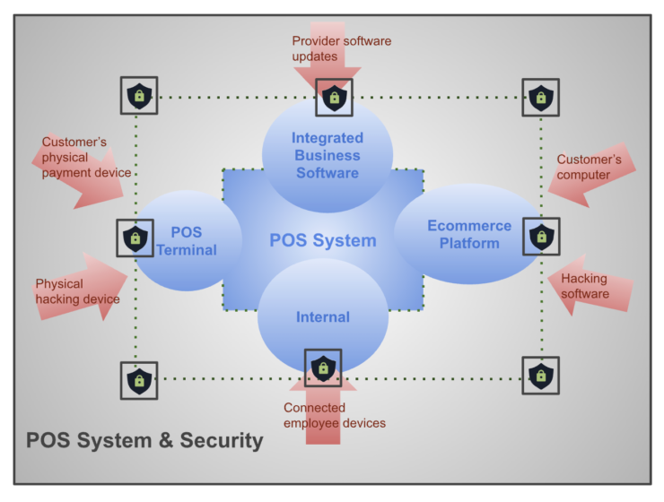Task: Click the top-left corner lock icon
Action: point(138,95)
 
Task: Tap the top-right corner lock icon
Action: point(540,97)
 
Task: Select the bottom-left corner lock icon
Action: point(138,380)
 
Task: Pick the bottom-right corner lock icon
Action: point(540,376)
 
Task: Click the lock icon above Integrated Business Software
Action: point(334,97)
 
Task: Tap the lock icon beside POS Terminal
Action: point(135,238)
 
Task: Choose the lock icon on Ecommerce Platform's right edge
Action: point(540,237)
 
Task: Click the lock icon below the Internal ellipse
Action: point(322,367)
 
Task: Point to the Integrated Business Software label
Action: point(328,155)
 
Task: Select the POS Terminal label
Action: point(187,241)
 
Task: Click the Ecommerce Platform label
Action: point(469,234)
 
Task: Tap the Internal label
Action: point(322,316)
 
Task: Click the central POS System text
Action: point(322,240)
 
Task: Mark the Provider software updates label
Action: point(342,48)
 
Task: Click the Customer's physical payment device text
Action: point(86,157)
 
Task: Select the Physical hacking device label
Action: point(77,291)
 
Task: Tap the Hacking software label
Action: point(585,286)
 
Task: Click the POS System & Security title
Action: point(144,440)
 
